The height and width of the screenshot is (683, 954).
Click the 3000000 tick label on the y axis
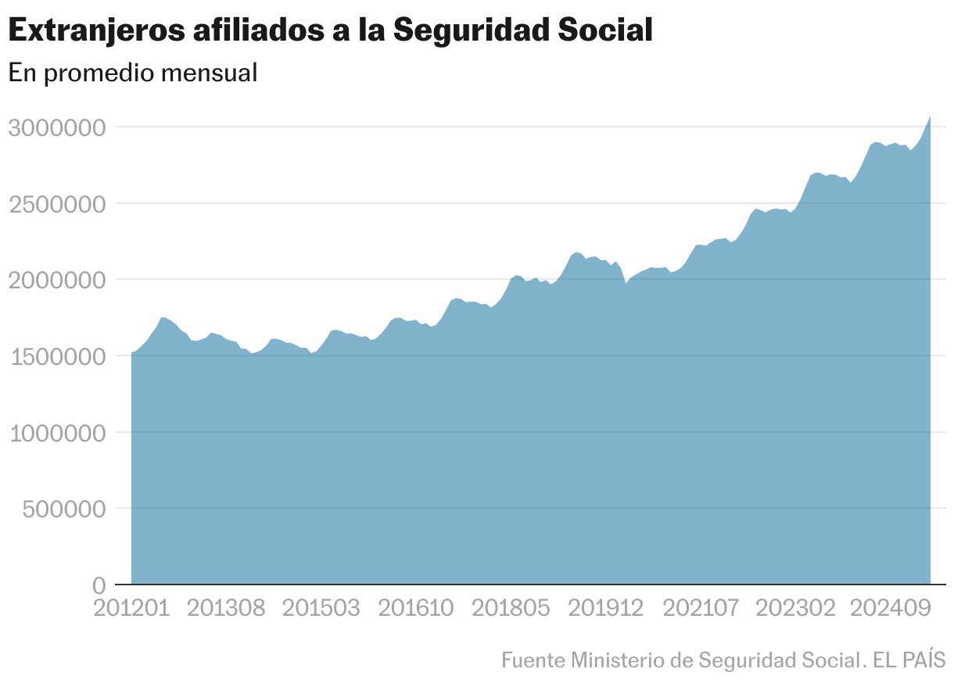click(56, 127)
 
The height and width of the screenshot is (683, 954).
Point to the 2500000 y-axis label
click(56, 204)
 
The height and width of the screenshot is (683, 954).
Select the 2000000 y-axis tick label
click(56, 280)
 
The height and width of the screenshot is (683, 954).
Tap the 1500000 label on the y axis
click(56, 356)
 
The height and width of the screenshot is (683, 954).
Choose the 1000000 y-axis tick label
click(56, 433)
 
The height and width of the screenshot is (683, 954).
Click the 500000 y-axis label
click(63, 510)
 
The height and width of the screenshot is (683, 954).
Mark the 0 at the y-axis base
click(99, 585)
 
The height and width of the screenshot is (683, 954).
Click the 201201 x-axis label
click(131, 608)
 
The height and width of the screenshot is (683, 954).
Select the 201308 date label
click(226, 608)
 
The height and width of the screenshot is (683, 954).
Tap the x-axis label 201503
click(321, 608)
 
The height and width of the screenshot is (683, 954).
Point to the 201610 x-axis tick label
click(416, 608)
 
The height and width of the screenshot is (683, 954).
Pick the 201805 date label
click(511, 608)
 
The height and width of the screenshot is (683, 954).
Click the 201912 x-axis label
click(606, 608)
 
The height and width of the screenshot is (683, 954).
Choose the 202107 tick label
click(701, 608)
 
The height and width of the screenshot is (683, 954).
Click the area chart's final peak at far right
click(929, 117)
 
